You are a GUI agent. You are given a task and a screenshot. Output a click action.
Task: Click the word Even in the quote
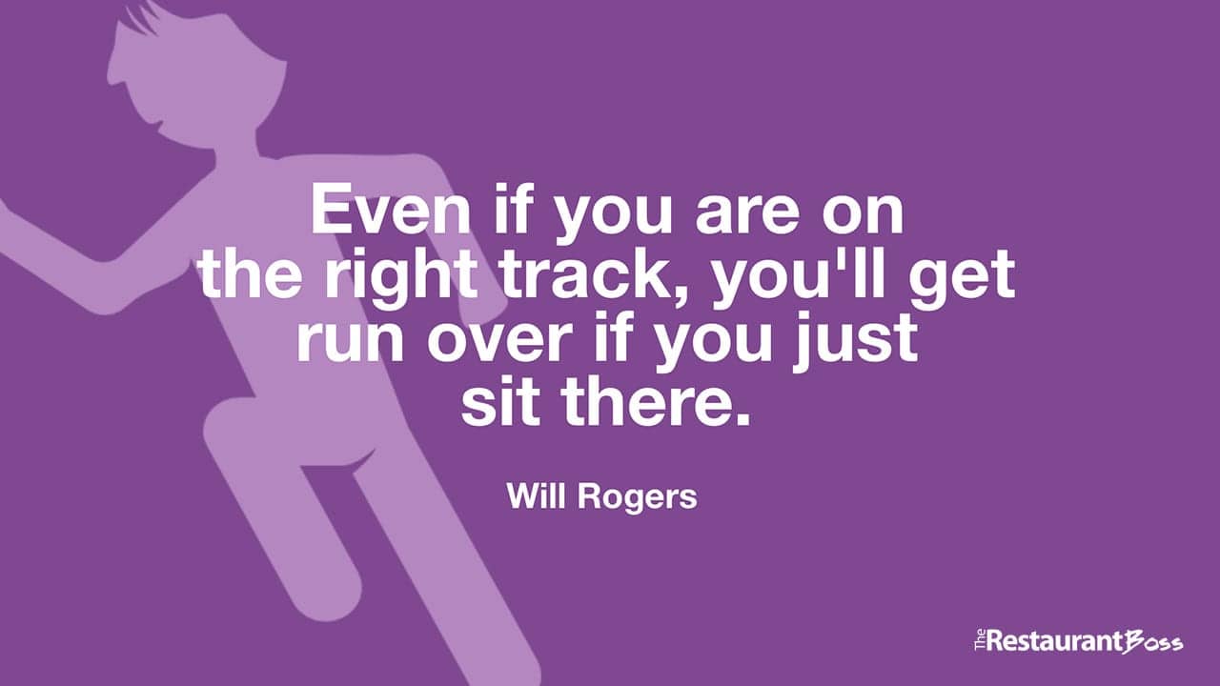391,210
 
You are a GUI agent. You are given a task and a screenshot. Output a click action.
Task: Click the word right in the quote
401,276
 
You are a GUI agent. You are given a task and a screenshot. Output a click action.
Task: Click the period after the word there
742,419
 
